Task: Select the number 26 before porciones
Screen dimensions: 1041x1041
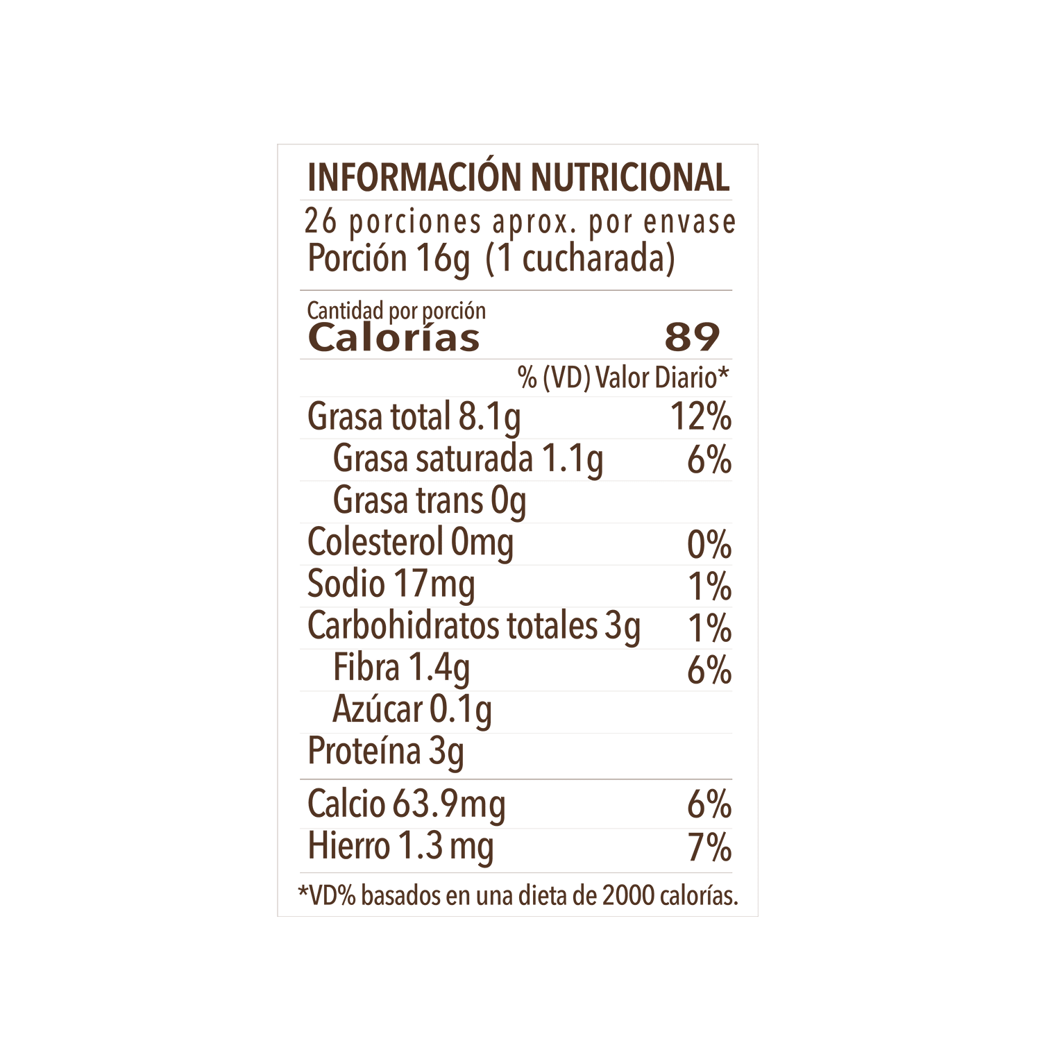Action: coord(321,222)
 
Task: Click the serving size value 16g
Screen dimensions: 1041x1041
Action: coord(443,259)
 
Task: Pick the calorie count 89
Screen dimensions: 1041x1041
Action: coord(692,338)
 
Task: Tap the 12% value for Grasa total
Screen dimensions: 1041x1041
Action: coord(701,416)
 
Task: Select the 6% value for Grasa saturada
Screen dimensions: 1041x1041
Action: coord(709,459)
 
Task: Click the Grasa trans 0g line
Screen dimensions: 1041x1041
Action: coord(430,501)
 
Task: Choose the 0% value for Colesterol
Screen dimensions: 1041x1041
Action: coord(709,544)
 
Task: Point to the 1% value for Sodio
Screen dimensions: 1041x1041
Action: coord(710,586)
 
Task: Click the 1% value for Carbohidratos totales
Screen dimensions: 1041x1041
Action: coord(710,628)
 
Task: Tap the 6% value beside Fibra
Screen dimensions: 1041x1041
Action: coord(709,670)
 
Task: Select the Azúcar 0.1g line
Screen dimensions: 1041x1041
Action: coord(412,710)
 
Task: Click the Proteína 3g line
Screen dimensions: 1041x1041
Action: coord(386,752)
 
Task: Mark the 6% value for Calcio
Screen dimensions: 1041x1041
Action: coord(709,805)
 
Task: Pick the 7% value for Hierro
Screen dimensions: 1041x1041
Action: coord(710,847)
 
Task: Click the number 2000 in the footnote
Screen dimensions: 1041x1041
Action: coord(628,896)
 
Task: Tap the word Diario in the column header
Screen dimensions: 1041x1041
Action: coord(691,378)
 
